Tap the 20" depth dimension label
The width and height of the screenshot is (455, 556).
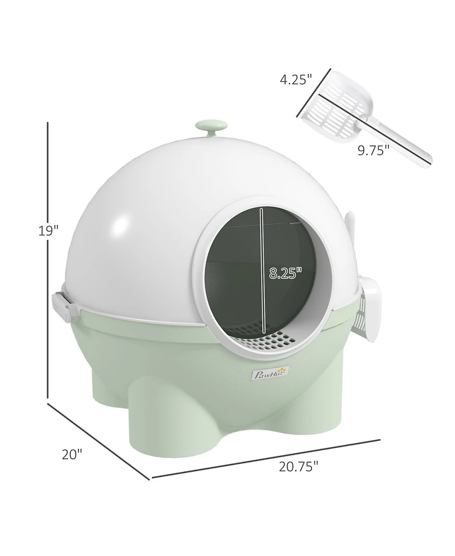73,454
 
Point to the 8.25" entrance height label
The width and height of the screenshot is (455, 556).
284,273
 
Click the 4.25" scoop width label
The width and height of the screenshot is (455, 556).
295,79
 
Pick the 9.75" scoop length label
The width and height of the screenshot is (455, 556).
374,150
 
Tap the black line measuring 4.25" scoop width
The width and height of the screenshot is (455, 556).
313,93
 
